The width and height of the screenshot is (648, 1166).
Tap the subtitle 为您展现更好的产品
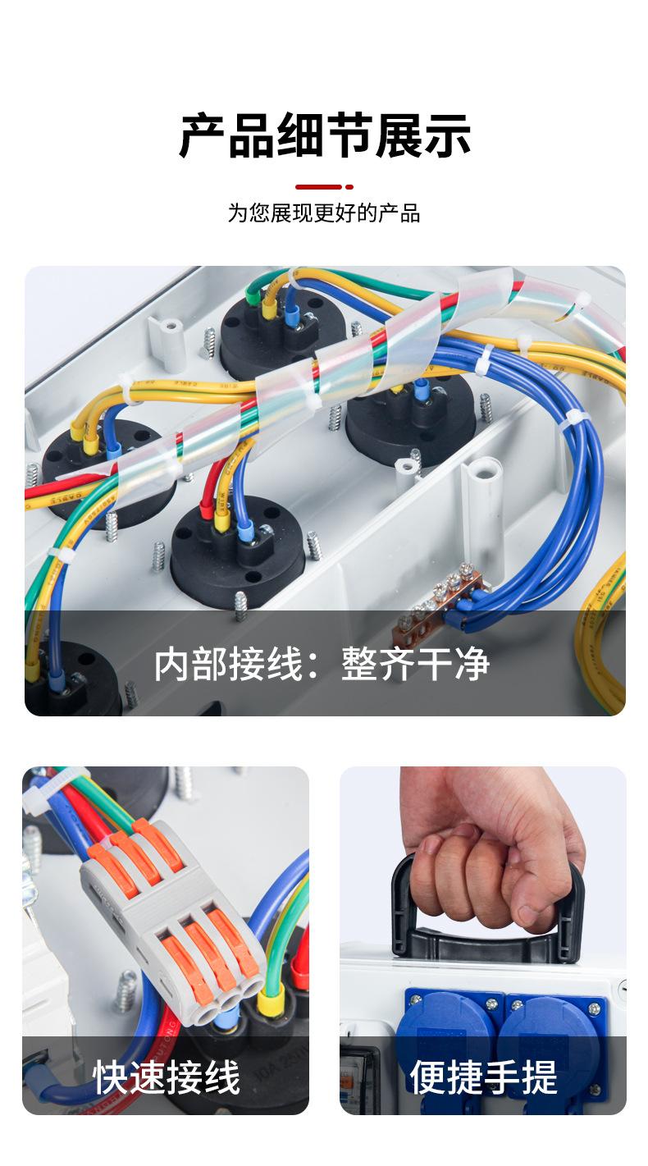pos(324,214)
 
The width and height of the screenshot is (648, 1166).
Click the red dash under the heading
pos(318,187)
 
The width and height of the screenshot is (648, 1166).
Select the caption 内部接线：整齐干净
pos(322,664)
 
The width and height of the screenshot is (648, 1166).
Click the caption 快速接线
pos(167,1077)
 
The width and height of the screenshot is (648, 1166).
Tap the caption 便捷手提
pos(483,1077)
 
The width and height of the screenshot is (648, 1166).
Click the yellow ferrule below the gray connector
pos(272,1000)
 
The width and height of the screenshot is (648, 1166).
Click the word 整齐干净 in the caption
pos(415,664)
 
